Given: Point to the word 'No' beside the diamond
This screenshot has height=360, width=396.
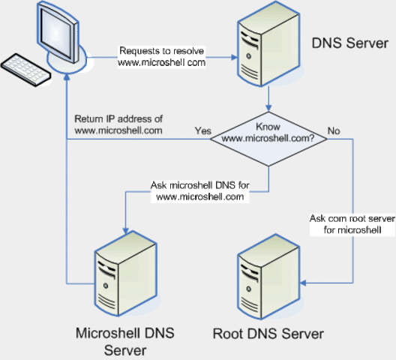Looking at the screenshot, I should (334, 130).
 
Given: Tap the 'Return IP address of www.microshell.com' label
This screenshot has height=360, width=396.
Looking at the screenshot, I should (119, 125).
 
